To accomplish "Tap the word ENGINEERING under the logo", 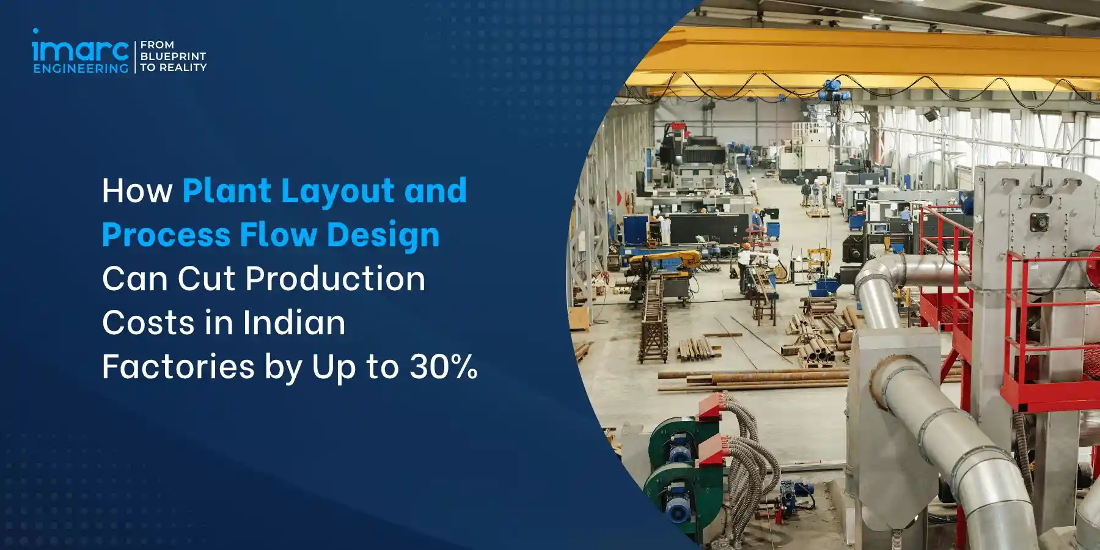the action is click(x=81, y=68).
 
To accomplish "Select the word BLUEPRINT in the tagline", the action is click(x=174, y=56).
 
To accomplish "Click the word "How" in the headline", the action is click(x=137, y=191).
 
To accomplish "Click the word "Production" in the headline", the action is click(x=335, y=279).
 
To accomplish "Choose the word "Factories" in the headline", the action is click(x=178, y=367).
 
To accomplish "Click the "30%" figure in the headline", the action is click(x=444, y=367).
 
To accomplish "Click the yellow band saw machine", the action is click(x=664, y=259).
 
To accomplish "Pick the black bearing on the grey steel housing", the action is click(x=1038, y=222).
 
